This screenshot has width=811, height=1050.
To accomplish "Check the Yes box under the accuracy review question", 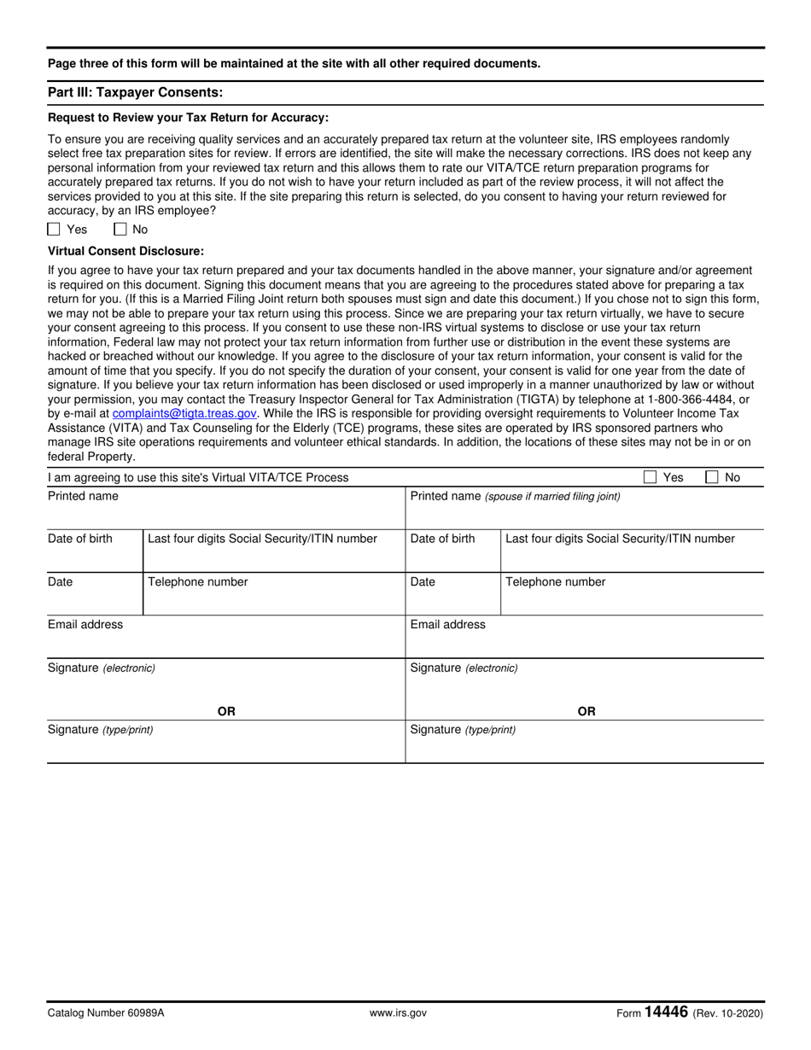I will point(55,229).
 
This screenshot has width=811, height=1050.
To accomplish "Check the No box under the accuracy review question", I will point(120,229).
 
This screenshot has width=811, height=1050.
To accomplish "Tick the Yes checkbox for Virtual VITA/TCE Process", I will point(650,477).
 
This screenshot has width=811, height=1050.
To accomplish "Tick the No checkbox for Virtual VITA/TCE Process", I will point(712,477).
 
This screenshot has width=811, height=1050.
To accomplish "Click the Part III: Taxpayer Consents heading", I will point(135,92).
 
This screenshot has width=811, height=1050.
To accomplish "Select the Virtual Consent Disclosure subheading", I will point(125,251).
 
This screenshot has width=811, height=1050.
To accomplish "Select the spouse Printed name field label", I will point(515,496).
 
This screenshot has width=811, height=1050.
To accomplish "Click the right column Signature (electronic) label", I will point(464,668).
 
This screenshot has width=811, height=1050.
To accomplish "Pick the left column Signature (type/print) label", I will point(101,730).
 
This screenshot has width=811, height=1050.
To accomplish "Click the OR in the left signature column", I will point(226,711).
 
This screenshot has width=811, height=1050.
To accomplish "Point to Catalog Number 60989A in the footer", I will point(106,1013).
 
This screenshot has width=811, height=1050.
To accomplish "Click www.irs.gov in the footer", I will point(398,1013).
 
